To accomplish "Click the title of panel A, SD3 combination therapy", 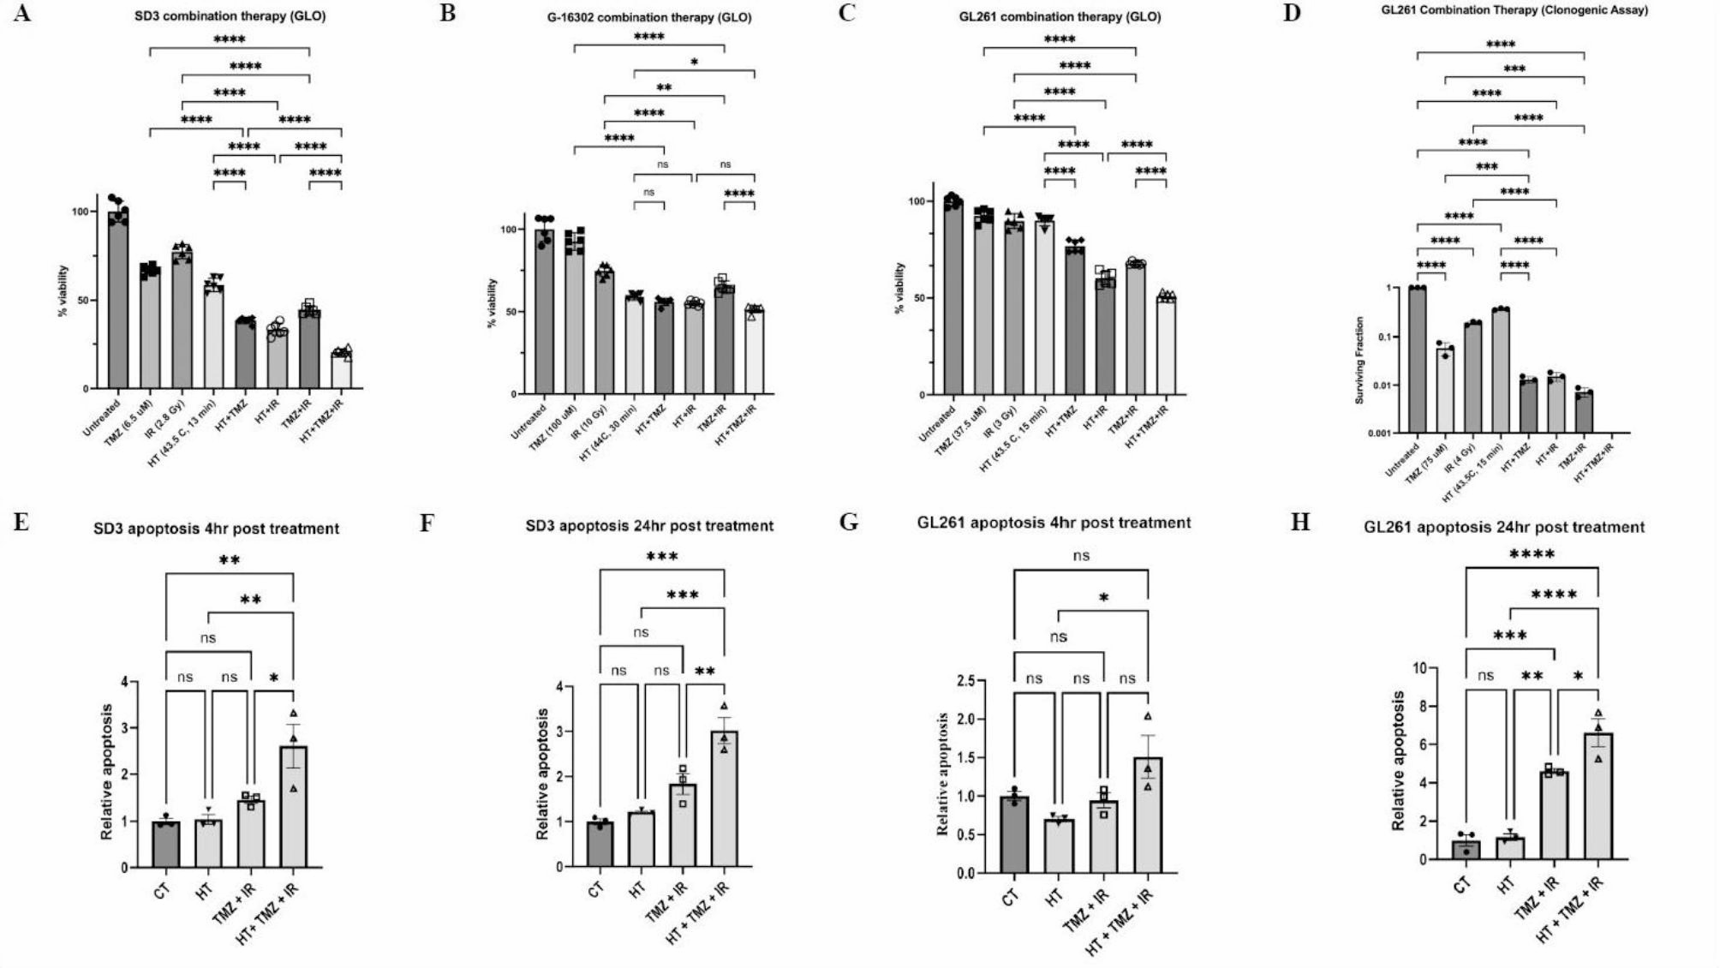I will (x=230, y=15).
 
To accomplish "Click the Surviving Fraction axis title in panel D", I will (x=1359, y=360).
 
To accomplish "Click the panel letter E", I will (x=21, y=522).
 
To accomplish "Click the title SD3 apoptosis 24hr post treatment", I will (x=649, y=526).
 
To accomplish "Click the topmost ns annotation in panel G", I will (x=1081, y=556).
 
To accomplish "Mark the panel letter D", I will (x=1291, y=14).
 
